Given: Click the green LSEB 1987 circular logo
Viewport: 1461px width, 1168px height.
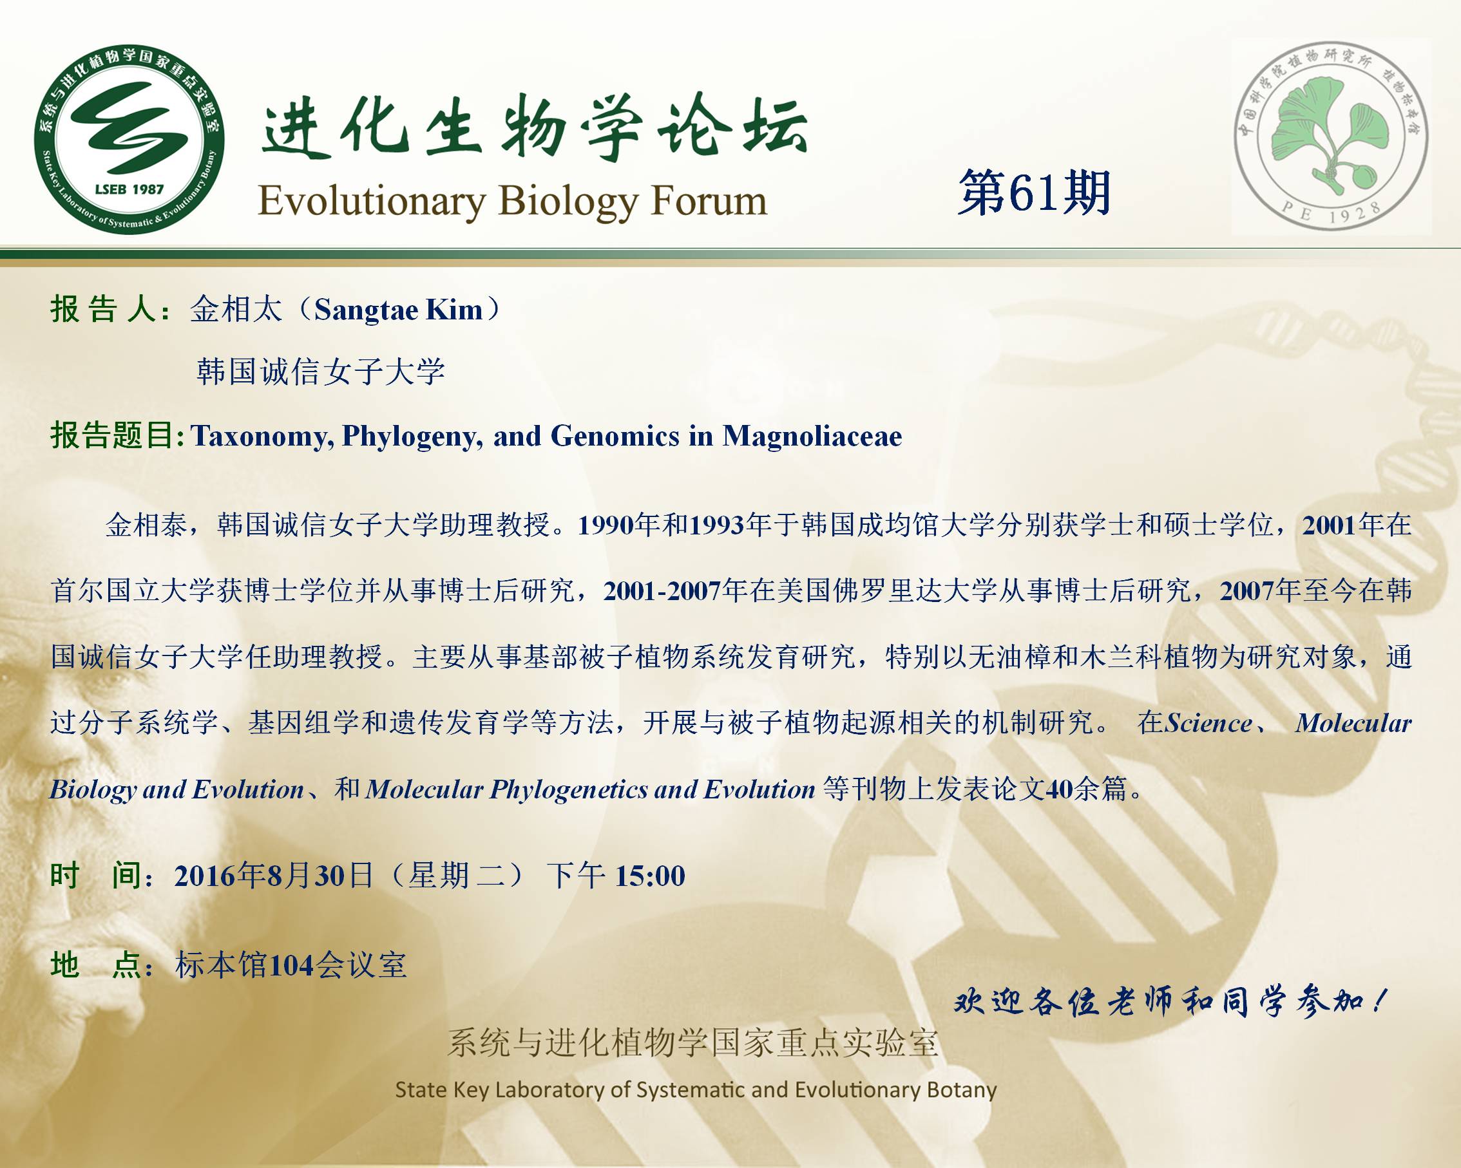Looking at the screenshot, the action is click(x=129, y=142).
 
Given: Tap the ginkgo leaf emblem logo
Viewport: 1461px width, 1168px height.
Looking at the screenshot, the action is click(x=1331, y=136).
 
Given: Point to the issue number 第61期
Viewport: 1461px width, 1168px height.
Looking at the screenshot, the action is click(x=1034, y=193).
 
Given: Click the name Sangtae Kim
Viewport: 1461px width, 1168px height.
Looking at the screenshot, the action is click(x=399, y=310).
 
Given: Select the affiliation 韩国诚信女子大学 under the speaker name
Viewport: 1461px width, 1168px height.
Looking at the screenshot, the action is click(x=321, y=372).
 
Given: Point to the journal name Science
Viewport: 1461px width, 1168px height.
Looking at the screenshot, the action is click(x=1208, y=723).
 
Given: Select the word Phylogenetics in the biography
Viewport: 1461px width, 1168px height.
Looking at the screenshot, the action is click(x=569, y=790).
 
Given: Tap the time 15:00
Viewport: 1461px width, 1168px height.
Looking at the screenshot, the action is click(x=650, y=876).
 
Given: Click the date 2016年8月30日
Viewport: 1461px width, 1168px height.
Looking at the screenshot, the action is click(x=274, y=876).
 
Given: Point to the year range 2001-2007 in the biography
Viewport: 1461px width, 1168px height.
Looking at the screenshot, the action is click(x=662, y=592).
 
